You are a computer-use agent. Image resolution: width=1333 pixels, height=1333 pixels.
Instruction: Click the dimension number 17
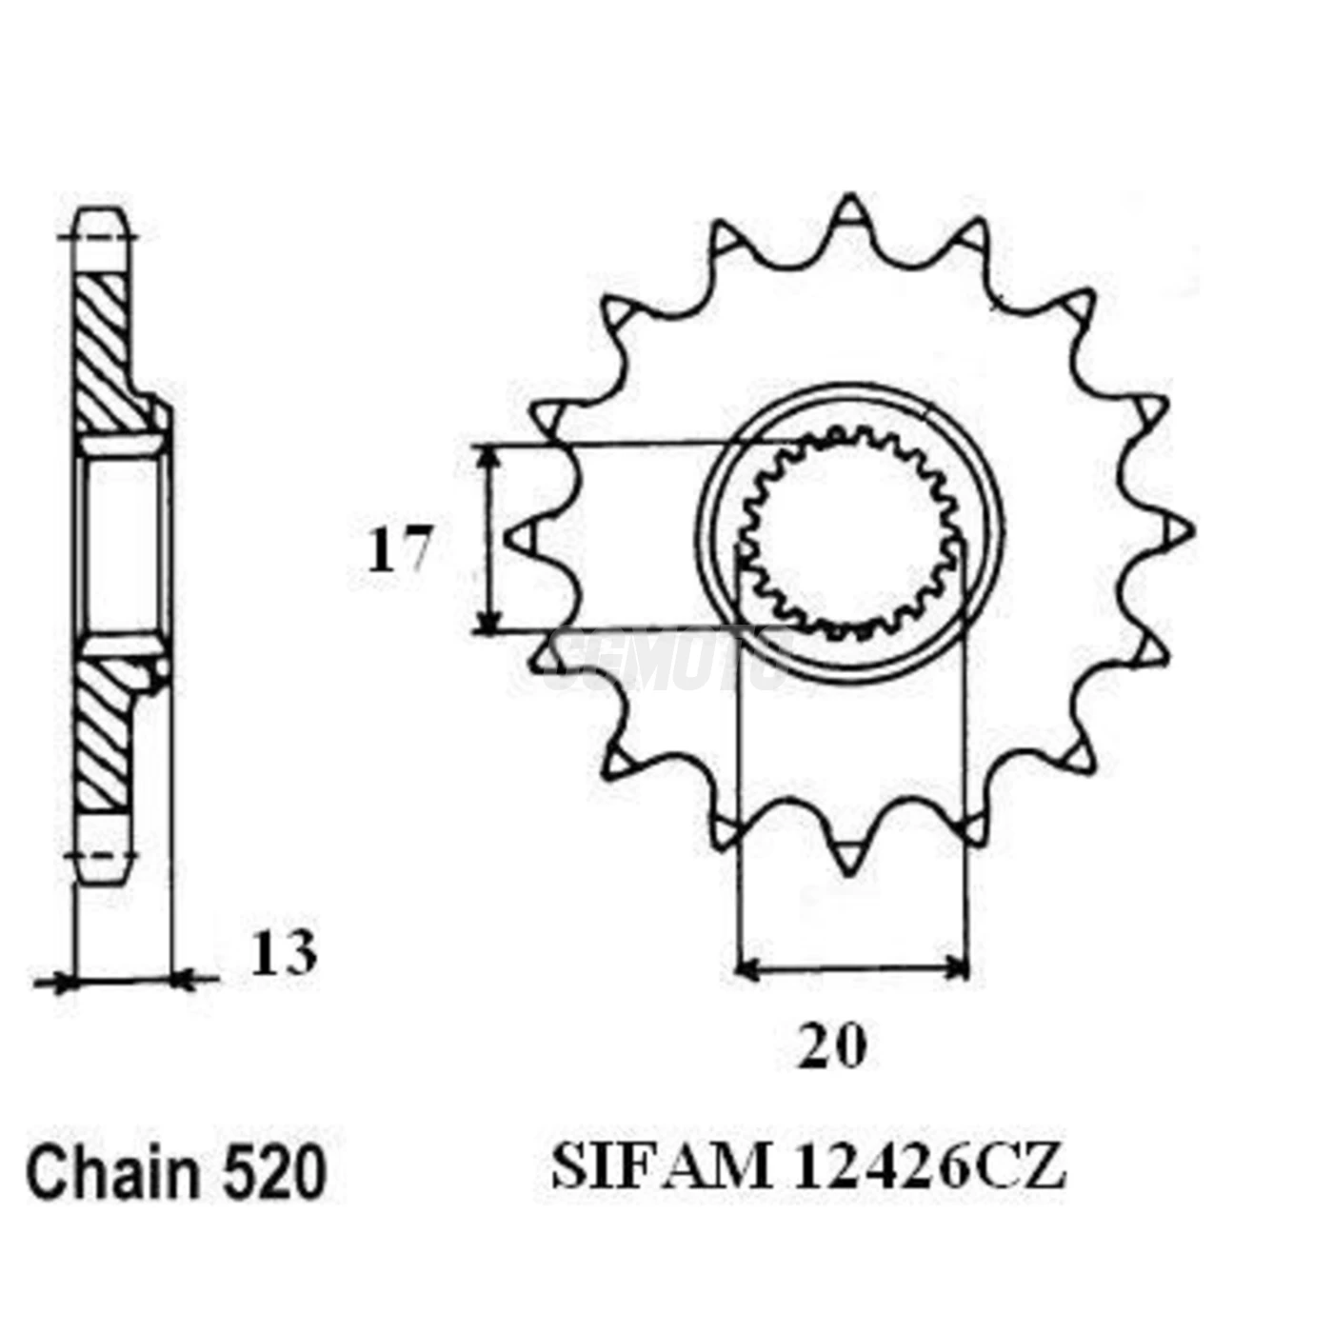coord(399,549)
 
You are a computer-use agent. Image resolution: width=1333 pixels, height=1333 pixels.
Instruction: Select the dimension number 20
coord(832,1046)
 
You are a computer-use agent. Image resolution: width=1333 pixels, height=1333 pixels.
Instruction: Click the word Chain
coord(113,1172)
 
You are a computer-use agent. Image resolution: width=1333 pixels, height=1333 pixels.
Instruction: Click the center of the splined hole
coord(850,534)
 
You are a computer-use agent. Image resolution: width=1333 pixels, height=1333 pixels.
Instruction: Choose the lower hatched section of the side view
coord(104,733)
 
